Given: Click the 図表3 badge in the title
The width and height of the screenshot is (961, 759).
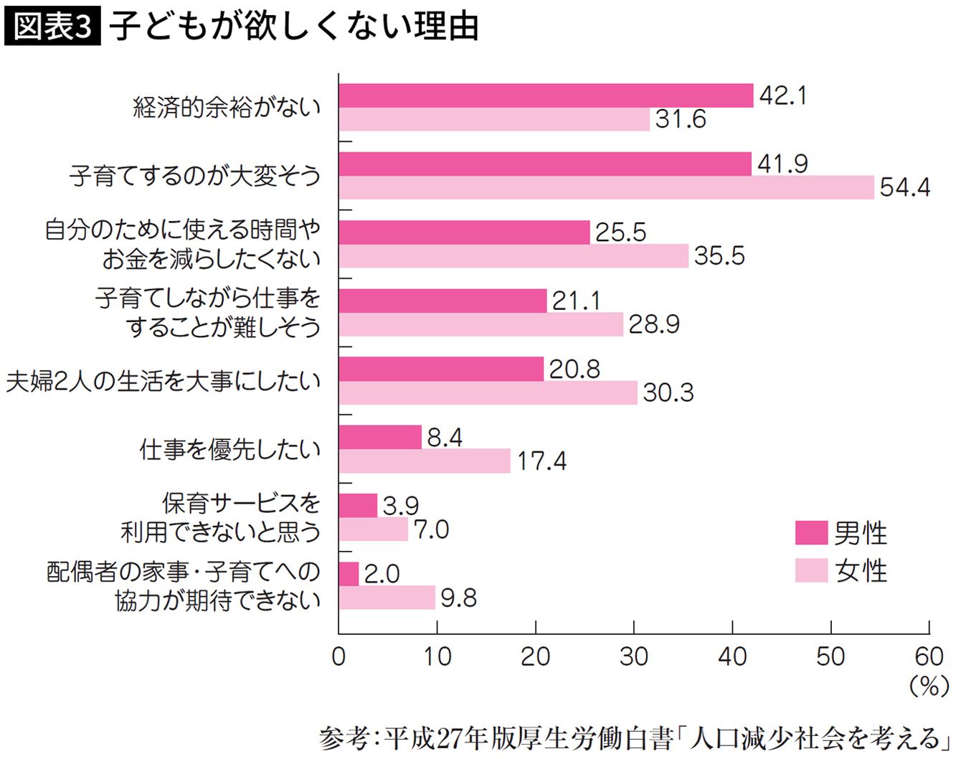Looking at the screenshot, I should click(x=52, y=27).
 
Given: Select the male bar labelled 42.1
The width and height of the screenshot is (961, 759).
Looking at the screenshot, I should click(x=546, y=95).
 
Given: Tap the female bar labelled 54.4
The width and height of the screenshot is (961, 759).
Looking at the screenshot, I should click(x=606, y=187).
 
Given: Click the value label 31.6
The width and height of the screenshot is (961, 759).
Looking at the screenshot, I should click(x=681, y=119).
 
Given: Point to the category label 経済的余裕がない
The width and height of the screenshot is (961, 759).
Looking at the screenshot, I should click(x=227, y=107).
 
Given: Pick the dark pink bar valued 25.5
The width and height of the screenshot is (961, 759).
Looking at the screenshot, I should click(x=464, y=232).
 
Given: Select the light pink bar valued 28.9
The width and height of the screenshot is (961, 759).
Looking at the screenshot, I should click(x=480, y=324).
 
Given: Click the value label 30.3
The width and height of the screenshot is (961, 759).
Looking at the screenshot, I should click(x=668, y=392).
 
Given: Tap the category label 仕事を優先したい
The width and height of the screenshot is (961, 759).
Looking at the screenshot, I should click(x=229, y=449).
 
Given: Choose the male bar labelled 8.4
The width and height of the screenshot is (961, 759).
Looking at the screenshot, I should click(x=380, y=437).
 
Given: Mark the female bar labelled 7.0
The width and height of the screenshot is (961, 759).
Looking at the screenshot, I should click(x=373, y=529).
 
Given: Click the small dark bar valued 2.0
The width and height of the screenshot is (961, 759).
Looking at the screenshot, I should click(x=349, y=574).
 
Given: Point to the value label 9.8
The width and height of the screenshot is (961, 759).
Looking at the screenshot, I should click(x=458, y=598).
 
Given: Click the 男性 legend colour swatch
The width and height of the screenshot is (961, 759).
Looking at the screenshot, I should click(x=811, y=533).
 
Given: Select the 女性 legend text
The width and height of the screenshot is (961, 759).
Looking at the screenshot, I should click(x=861, y=571).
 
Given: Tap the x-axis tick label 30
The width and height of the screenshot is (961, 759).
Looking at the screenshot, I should click(x=634, y=656).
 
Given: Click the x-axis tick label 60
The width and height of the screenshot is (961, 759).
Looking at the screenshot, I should click(x=929, y=656).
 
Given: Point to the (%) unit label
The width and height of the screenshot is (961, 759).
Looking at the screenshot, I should click(x=929, y=687).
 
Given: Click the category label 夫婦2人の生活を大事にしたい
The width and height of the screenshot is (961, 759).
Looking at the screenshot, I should click(x=163, y=381).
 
